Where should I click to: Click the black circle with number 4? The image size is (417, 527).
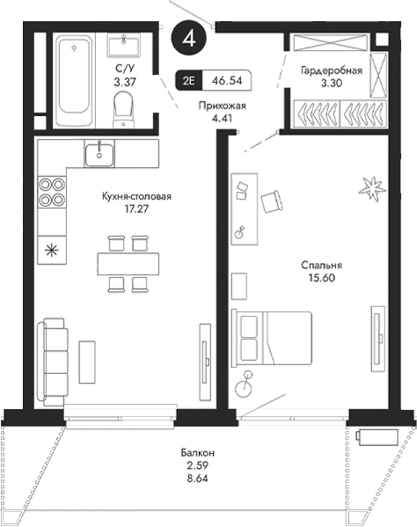click(190, 38)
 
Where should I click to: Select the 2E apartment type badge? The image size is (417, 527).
click(189, 80)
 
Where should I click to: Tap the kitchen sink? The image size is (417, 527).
click(99, 155)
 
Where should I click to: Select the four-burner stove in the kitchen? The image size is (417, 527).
click(52, 192)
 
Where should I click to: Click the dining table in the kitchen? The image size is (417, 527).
click(128, 261)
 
